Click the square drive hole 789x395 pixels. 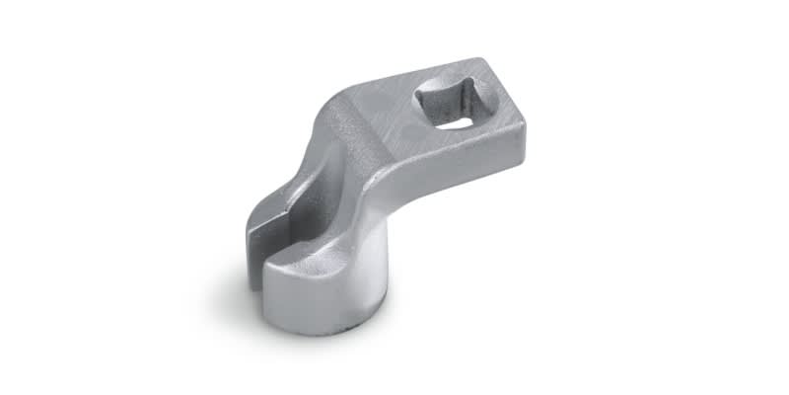coord(446,105)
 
